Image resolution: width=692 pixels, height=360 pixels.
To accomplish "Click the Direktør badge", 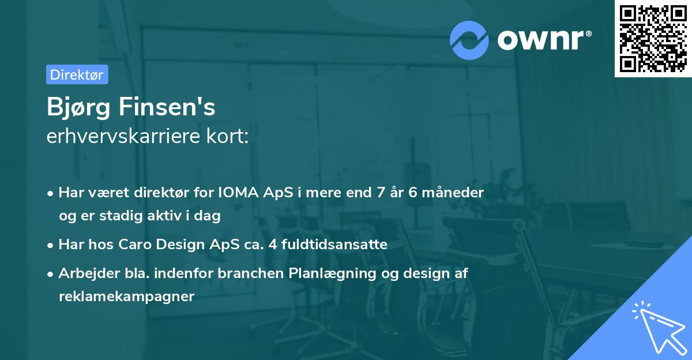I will (77, 74).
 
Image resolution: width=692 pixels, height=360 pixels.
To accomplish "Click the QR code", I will (652, 38).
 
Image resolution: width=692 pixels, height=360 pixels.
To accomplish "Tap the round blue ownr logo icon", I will (469, 40).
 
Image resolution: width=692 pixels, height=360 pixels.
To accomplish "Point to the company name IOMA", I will (235, 192).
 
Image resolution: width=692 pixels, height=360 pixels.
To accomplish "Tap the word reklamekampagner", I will (126, 297).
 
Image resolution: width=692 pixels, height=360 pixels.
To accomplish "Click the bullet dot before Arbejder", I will (51, 273).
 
